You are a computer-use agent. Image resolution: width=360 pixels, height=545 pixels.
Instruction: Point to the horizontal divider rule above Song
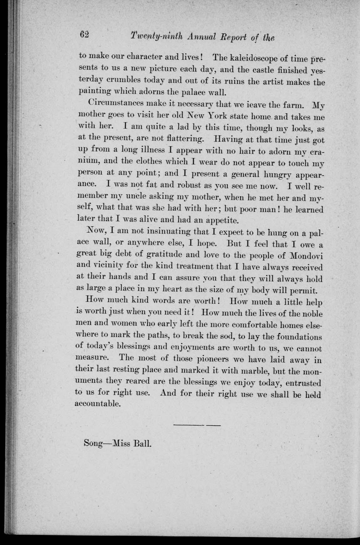coord(197,425)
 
